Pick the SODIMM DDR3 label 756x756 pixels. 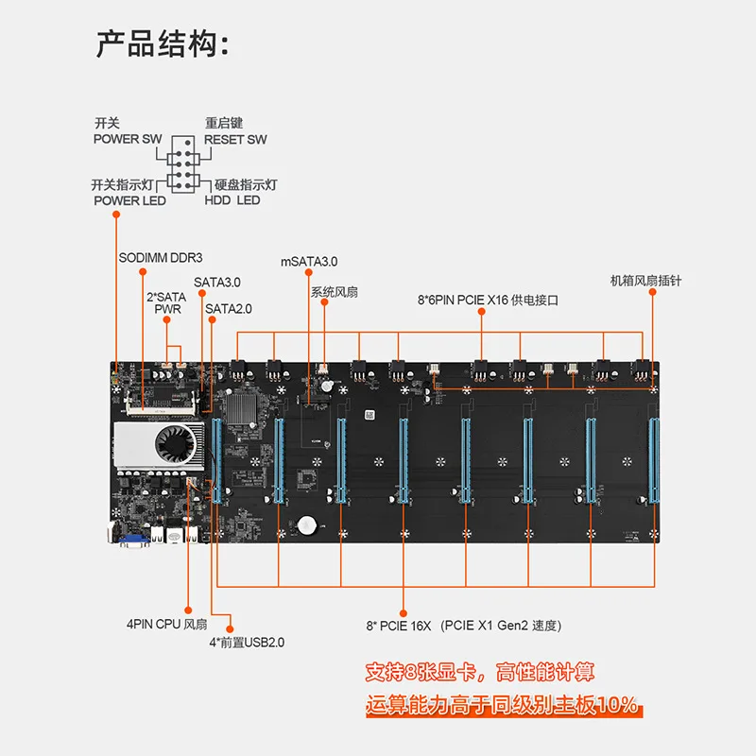(x=161, y=257)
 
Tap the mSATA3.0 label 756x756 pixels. (x=309, y=261)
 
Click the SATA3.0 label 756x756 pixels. (x=217, y=282)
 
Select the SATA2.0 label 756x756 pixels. (x=229, y=308)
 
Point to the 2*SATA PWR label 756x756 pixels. (x=166, y=302)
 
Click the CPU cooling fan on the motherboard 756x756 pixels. (x=177, y=443)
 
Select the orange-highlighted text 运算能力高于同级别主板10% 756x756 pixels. (x=502, y=705)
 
